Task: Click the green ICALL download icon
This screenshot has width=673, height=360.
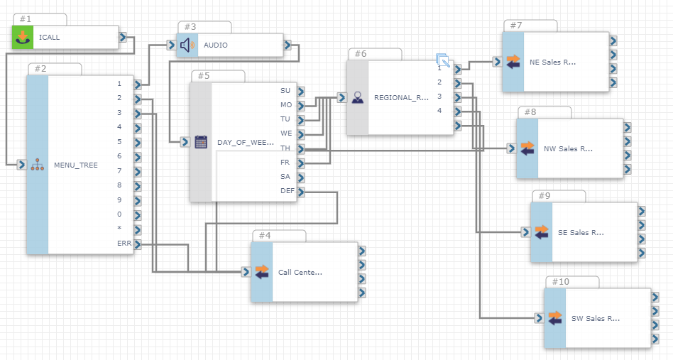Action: [x=22, y=37]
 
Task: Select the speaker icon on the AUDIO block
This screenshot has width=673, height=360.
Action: [x=187, y=45]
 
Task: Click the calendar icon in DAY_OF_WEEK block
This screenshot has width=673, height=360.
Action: [x=201, y=142]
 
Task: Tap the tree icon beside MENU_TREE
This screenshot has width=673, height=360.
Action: [x=38, y=165]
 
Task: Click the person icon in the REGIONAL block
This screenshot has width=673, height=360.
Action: [x=358, y=98]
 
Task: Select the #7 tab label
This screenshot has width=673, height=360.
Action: [x=516, y=26]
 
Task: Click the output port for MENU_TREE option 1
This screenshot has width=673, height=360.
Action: [x=137, y=84]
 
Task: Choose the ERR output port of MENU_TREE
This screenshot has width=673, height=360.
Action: [x=137, y=244]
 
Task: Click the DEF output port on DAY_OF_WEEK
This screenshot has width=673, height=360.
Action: [x=301, y=192]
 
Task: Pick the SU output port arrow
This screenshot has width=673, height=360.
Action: [x=301, y=92]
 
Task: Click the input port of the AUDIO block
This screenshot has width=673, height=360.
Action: [x=171, y=45]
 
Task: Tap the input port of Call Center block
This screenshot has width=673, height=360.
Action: [x=246, y=272]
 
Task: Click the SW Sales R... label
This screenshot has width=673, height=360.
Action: [x=596, y=318]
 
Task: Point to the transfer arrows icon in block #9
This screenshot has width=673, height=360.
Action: [x=542, y=232]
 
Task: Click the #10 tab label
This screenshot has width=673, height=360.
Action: [x=561, y=281]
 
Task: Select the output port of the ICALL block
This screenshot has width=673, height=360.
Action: [x=123, y=38]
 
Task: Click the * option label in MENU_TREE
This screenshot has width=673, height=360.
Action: [x=119, y=228]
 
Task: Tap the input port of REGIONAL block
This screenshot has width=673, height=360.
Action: [x=341, y=98]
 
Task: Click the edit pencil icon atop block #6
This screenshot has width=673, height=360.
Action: [x=444, y=60]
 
